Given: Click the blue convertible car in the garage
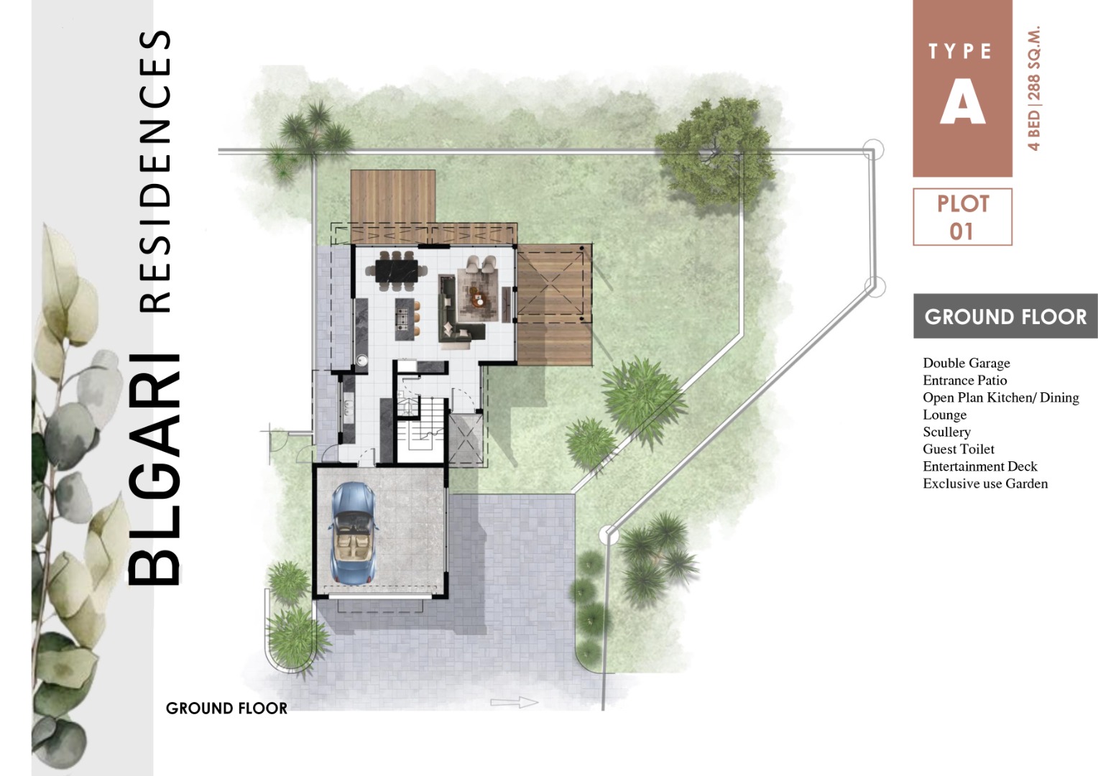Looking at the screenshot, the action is [354, 533].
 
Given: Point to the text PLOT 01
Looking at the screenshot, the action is [963, 217].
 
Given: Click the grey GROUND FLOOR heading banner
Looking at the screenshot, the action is [1005, 317].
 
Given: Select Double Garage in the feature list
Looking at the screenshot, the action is [966, 364].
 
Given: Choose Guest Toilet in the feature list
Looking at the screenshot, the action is [959, 449].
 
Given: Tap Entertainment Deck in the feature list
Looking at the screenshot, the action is [980, 466].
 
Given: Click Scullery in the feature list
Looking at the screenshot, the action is [946, 432].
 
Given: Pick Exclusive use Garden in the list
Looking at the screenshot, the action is [985, 484].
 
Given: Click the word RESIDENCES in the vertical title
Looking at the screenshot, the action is [155, 172].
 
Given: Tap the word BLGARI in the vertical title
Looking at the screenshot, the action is [154, 468].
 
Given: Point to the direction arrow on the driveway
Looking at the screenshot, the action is [515, 703].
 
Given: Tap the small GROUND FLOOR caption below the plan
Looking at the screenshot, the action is [226, 708].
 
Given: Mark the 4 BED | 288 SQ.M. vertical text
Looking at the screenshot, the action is [1033, 88].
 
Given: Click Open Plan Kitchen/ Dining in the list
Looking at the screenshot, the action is [1001, 397].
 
